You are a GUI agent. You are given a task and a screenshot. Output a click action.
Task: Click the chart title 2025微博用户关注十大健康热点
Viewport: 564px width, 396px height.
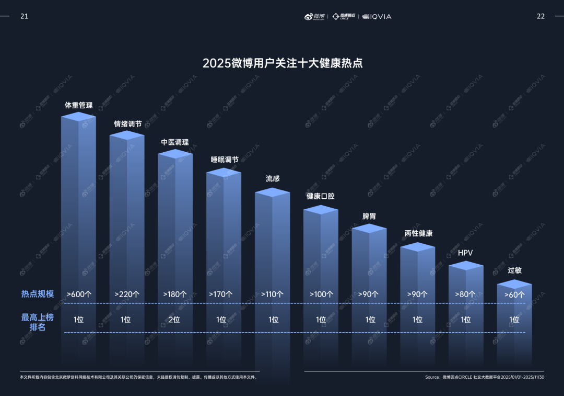(283, 63)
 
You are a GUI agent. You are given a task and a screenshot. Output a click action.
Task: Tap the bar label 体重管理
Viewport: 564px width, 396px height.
(78, 105)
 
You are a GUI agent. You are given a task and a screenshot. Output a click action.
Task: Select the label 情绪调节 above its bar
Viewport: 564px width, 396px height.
(128, 124)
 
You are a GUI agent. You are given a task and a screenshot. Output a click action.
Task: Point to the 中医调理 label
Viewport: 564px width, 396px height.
(174, 142)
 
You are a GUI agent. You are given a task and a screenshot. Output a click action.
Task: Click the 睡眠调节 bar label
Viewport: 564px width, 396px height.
(225, 160)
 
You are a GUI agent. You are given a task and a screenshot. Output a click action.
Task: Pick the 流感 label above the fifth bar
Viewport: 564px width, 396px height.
(273, 178)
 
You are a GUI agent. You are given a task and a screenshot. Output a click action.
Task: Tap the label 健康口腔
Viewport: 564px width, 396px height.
(320, 197)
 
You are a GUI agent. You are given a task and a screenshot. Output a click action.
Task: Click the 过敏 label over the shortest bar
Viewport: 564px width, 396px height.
(514, 270)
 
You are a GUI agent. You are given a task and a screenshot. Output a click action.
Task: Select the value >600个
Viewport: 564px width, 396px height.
(79, 294)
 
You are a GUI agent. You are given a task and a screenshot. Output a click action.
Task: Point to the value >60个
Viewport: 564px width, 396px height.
(514, 295)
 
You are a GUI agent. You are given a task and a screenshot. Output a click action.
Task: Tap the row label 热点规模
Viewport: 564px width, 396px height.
(38, 294)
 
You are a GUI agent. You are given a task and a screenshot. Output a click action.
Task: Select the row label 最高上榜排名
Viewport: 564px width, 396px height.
(38, 322)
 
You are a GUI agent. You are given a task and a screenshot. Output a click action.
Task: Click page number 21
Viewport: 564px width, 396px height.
(24, 16)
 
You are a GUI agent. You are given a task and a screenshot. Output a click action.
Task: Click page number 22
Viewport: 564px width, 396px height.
(540, 16)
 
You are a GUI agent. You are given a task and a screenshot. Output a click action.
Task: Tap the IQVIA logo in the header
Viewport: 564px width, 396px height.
(377, 17)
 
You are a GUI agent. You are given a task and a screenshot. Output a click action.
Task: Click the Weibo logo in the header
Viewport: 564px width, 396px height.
(315, 17)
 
